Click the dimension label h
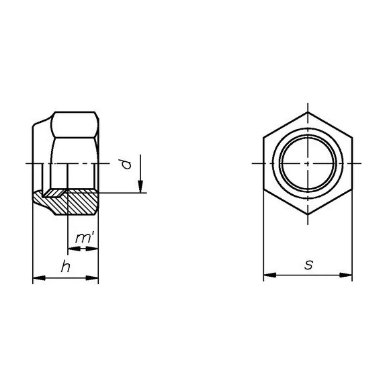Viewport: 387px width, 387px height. [x=65, y=267]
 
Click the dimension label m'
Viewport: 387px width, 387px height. [x=85, y=239]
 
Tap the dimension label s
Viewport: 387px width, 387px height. [x=308, y=265]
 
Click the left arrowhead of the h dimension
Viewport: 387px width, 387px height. [x=39, y=278]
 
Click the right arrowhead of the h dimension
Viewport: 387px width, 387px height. [x=92, y=278]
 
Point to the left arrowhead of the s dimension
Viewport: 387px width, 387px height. [x=270, y=275]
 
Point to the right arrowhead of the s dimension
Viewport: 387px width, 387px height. [x=346, y=275]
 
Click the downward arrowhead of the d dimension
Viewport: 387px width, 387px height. [x=140, y=187]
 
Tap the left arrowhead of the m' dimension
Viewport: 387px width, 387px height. [x=74, y=249]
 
